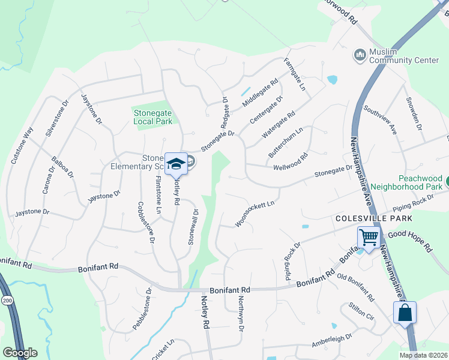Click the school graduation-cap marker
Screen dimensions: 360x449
[x=176, y=164]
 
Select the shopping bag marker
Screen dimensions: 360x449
[x=405, y=313]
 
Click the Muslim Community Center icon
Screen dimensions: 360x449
[x=360, y=55]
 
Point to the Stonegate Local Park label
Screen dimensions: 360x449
[x=152, y=116]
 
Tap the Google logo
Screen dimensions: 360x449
[x=20, y=353]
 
